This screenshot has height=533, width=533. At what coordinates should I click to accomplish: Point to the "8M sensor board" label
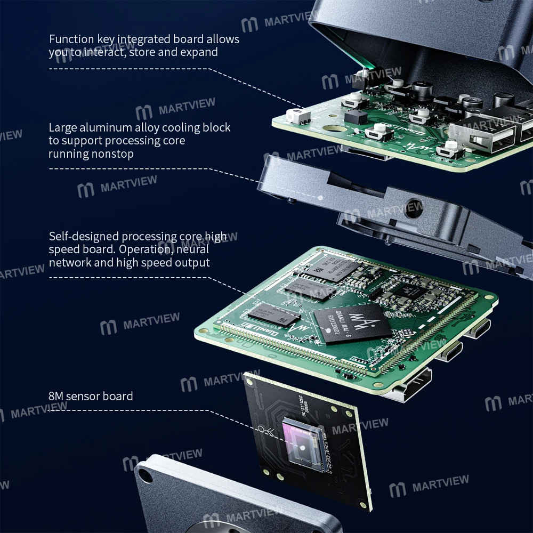(x=91, y=396)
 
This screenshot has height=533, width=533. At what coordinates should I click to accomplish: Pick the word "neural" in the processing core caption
(x=192, y=249)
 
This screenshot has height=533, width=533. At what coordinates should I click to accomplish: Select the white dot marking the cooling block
(x=320, y=197)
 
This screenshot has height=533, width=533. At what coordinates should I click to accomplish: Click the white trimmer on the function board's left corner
(x=294, y=115)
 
